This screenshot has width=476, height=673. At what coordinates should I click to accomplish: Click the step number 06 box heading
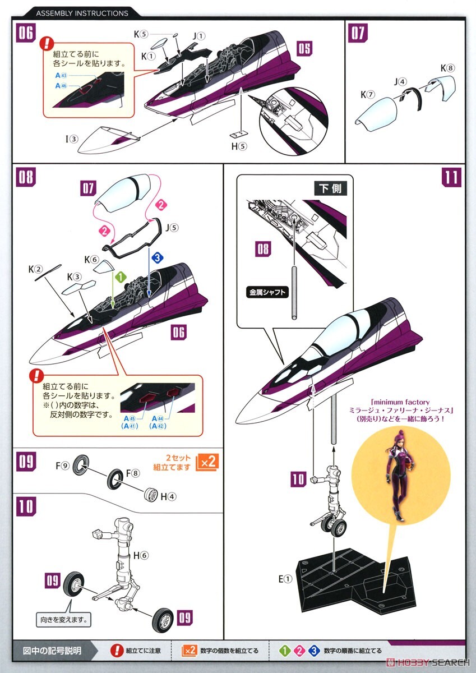pos(26,33)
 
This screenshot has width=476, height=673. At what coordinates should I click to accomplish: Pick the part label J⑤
pos(172,228)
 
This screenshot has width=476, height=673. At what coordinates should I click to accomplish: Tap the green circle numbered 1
pos(119,276)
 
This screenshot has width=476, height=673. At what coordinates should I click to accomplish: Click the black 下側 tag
pos(331,188)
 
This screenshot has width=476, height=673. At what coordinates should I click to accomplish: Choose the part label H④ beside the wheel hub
pos(168,496)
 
